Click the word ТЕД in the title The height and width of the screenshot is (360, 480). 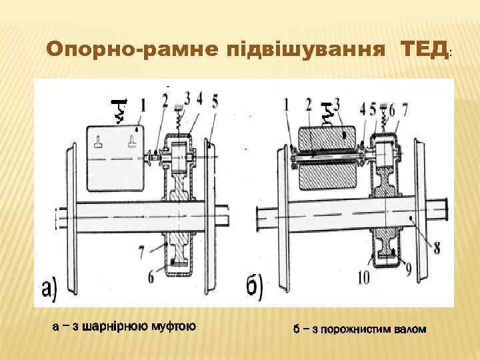click(424, 49)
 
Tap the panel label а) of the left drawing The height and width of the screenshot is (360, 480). click(50, 287)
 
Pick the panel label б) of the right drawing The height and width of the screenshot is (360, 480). click(254, 287)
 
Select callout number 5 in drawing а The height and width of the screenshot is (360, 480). click(214, 101)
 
